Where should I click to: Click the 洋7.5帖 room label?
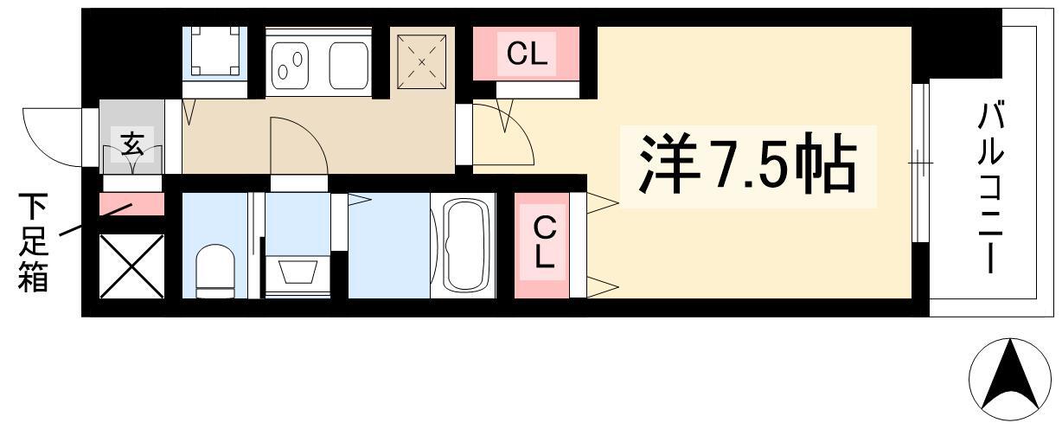(x=748, y=163)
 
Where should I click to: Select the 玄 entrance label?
(x=132, y=144)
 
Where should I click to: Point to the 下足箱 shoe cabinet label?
(x=33, y=242)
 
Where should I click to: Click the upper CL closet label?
(x=527, y=54)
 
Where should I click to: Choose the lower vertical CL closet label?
(x=544, y=243)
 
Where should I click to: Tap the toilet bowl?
(x=215, y=271)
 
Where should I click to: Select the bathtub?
(x=466, y=245)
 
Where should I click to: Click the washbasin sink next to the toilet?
(x=297, y=272)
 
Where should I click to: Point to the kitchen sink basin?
(x=349, y=66)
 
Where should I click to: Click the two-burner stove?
(x=291, y=66)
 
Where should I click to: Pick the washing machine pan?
(x=215, y=51)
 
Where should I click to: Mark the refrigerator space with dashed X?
(x=421, y=61)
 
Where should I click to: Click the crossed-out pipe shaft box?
(x=131, y=266)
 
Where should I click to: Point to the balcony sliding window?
(x=920, y=163)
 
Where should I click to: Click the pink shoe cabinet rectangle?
(x=131, y=204)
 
